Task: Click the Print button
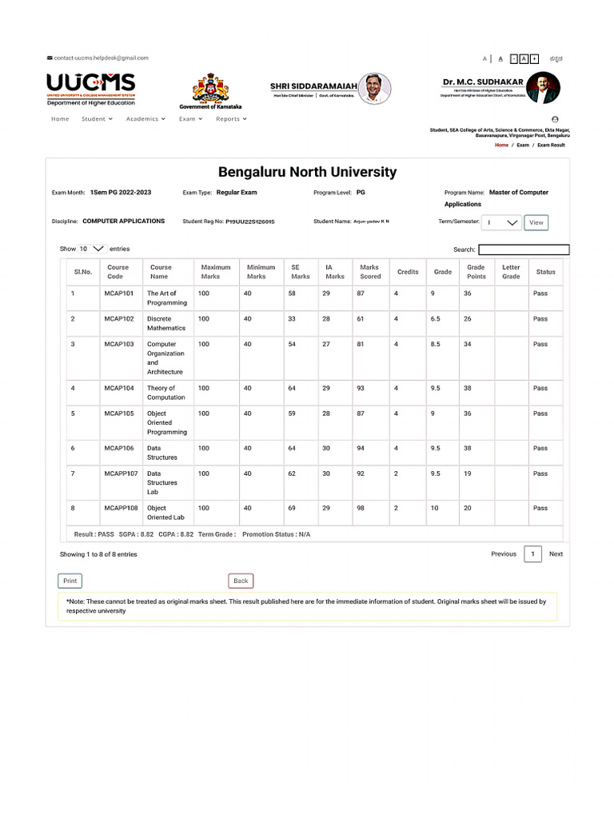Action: pyautogui.click(x=70, y=581)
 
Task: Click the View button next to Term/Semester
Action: pyautogui.click(x=536, y=223)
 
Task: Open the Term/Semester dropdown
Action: pyautogui.click(x=502, y=223)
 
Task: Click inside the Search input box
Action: pyautogui.click(x=524, y=250)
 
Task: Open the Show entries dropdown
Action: pyautogui.click(x=92, y=249)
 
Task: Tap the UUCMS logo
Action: pyautogui.click(x=90, y=88)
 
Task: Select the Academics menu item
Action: pyautogui.click(x=146, y=118)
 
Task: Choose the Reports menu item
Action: pyautogui.click(x=231, y=118)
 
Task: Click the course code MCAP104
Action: pyautogui.click(x=119, y=388)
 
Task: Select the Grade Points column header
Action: pyautogui.click(x=476, y=272)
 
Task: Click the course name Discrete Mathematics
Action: pyautogui.click(x=165, y=323)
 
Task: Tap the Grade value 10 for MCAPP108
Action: pyautogui.click(x=434, y=508)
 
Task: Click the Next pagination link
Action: pyautogui.click(x=556, y=553)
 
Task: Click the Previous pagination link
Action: pyautogui.click(x=504, y=553)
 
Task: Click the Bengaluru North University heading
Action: pyautogui.click(x=307, y=172)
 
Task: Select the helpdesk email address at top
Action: pyautogui.click(x=101, y=58)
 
